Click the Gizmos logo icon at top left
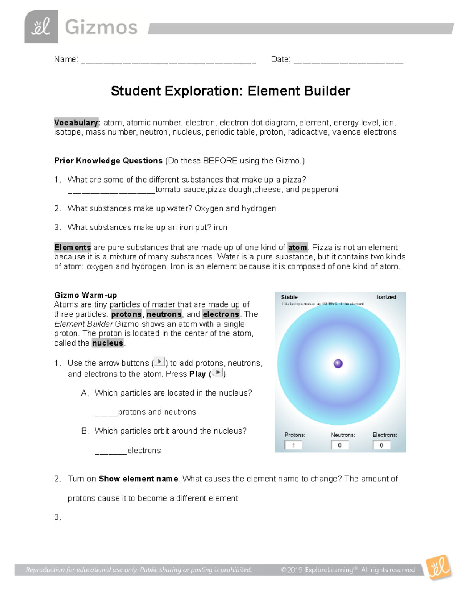coord(41,27)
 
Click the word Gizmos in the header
coord(101,28)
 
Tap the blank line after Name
coord(168,60)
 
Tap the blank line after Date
coord(348,60)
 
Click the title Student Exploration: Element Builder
coord(230,91)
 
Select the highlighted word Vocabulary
coord(77,123)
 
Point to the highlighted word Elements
coord(73,247)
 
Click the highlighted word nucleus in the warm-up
coord(108,343)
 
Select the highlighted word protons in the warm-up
coord(126,314)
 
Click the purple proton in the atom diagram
coord(338,364)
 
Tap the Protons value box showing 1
coord(293,445)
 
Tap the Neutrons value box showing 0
coord(340,445)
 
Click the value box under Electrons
coord(381,445)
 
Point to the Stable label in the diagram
coord(289,297)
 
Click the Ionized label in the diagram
coord(386,297)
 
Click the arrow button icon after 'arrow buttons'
coord(159,362)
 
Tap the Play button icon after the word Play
coord(217,373)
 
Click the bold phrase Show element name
coord(138,479)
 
